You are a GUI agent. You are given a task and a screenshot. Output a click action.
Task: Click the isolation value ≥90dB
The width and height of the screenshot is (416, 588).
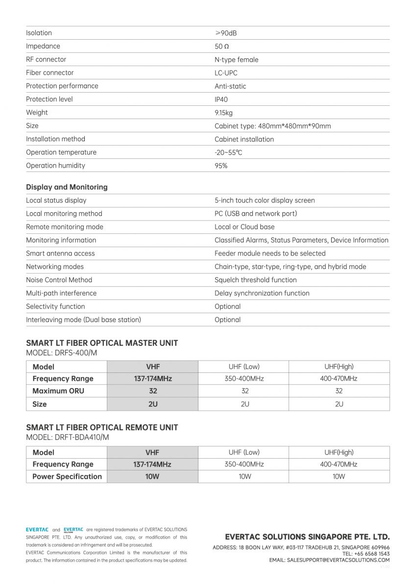(x=225, y=33)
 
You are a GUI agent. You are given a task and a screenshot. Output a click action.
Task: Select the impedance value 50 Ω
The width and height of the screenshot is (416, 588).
(x=221, y=47)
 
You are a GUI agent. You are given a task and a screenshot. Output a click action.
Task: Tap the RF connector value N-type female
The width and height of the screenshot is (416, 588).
(x=236, y=60)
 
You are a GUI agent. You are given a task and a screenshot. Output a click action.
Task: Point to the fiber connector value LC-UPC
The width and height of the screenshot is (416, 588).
(x=226, y=73)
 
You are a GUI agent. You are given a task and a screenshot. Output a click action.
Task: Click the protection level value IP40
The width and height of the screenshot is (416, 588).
(x=221, y=99)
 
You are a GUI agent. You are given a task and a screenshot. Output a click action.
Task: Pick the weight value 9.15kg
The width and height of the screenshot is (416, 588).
(x=223, y=113)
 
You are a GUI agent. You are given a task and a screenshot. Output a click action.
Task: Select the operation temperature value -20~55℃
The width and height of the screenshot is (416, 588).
(x=228, y=152)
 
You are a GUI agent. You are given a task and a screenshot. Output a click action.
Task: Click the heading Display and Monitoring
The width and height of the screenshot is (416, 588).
(x=67, y=187)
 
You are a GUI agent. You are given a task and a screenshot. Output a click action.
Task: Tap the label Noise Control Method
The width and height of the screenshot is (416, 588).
(x=59, y=280)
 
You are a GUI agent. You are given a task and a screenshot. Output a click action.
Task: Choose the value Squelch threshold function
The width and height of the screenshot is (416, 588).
(x=255, y=280)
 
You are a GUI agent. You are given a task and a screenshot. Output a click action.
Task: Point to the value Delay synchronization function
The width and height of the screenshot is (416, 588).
(x=262, y=293)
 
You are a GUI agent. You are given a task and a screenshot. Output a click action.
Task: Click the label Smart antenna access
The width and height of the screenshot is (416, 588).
(x=60, y=253)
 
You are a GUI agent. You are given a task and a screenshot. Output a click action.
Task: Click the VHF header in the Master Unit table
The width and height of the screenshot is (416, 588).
(x=152, y=367)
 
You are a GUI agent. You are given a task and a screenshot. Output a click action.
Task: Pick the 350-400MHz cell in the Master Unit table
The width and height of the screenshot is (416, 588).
(x=244, y=379)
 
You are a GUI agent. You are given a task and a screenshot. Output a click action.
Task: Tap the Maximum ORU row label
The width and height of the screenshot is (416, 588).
(x=58, y=391)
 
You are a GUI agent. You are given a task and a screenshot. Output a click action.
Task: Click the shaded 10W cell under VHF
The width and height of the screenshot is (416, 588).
(x=152, y=476)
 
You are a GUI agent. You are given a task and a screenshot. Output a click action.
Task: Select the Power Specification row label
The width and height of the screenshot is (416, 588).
(x=67, y=476)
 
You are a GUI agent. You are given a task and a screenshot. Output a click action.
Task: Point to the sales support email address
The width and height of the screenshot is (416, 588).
(x=338, y=560)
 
